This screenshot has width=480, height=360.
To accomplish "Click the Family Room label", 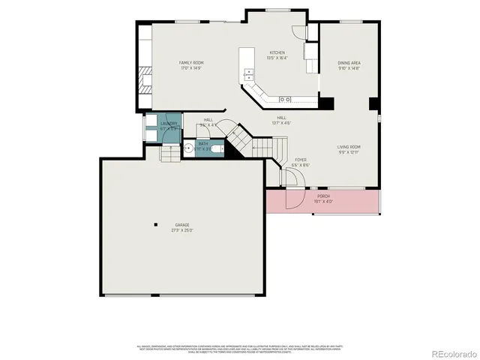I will tap(191, 64).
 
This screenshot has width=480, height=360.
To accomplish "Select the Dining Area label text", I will tap(349, 65).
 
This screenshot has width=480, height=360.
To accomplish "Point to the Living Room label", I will tap(349, 149).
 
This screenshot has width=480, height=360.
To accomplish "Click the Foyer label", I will tap(300, 161).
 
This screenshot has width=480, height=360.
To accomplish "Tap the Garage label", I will tap(183, 227).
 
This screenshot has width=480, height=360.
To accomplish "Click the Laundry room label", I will tap(169, 125).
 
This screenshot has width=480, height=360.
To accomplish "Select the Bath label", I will tap(203, 145).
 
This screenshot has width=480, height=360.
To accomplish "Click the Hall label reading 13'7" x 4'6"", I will tap(280, 120).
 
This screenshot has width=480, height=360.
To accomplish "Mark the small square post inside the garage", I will tap(155, 223).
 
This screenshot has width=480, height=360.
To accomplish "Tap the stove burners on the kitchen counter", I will tap(286, 99).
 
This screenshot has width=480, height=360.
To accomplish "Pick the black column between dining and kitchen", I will tap(326, 103).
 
